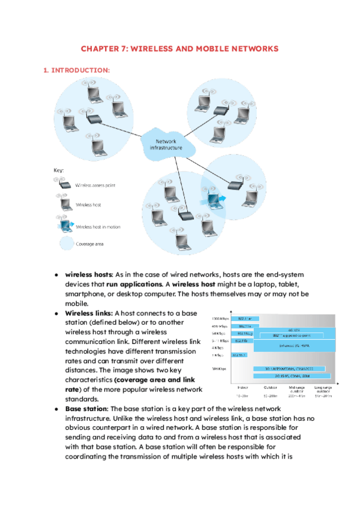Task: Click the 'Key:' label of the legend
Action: click(x=59, y=170)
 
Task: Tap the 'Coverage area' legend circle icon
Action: click(x=65, y=244)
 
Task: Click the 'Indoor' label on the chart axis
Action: click(x=243, y=387)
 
